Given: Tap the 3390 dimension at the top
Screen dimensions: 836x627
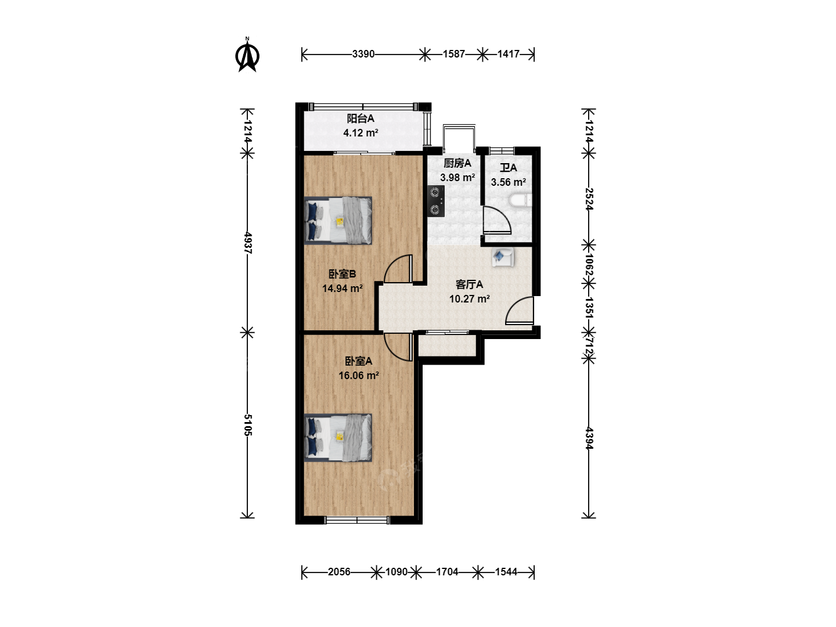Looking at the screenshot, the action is coord(363,54).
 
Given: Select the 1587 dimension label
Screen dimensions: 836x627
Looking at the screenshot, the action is coord(453,54).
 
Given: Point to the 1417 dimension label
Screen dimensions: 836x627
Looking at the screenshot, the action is coord(509,54).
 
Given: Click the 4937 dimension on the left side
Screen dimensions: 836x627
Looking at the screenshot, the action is coord(247,243).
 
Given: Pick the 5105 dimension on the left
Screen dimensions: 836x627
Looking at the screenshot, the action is coord(247,425).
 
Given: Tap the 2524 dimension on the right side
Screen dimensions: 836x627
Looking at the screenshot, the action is coord(589,199).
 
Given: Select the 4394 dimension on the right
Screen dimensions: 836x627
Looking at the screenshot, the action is coord(589,438).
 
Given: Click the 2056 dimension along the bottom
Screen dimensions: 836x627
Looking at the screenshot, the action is coord(339,572).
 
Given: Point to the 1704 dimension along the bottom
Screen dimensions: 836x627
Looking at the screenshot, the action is coord(447,572).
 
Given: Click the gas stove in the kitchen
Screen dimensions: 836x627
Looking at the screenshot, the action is coord(436,201).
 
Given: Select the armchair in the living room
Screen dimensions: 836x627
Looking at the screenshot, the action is coord(503,257).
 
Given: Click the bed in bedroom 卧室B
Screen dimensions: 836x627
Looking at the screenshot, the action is coord(338,221).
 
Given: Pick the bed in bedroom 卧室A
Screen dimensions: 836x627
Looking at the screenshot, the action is coord(338,438).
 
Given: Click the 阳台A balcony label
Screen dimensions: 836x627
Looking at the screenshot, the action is coord(361,118).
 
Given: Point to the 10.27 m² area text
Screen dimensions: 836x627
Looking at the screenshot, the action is coord(469,299).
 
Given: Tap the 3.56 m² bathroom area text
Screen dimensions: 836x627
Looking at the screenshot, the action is coord(508,182).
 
